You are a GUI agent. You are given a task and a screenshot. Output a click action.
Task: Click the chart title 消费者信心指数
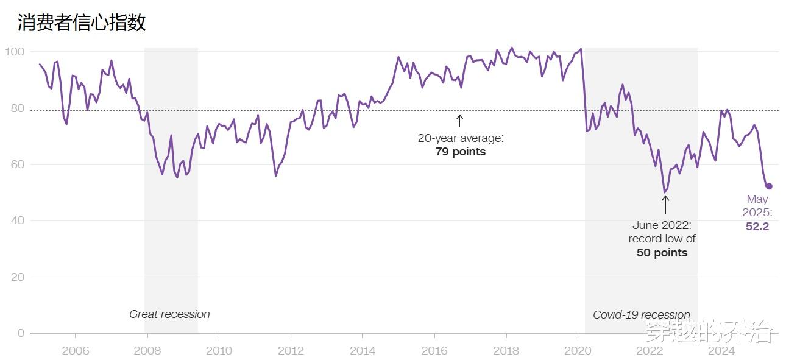tap(82, 23)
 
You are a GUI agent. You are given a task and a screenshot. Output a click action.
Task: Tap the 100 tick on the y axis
tap(14, 52)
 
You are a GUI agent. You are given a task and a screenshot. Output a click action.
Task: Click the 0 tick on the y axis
tap(20, 333)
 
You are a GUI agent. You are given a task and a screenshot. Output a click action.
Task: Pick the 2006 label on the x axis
tap(76, 351)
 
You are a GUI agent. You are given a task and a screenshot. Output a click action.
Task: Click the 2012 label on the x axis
tap(291, 351)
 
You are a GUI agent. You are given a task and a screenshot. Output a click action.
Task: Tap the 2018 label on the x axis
tap(506, 351)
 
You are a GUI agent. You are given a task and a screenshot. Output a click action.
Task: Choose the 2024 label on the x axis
tap(721, 351)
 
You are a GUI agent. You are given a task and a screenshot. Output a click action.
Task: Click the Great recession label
tap(169, 314)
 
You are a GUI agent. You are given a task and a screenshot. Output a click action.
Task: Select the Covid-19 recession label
tap(642, 315)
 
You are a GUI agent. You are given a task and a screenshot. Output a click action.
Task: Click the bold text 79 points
tap(461, 152)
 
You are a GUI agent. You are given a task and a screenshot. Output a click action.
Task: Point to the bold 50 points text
tap(662, 253)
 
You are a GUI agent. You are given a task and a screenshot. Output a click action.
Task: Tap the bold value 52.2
tap(757, 227)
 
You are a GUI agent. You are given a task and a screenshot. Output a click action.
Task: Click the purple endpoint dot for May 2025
tap(769, 186)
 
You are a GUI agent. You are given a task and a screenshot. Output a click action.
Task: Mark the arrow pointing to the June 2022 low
tap(665, 205)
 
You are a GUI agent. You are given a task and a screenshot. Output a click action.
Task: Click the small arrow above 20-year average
tap(460, 120)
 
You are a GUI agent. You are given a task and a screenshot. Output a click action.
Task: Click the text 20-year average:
tap(461, 138)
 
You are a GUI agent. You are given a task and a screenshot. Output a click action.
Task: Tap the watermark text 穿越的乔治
tap(709, 332)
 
